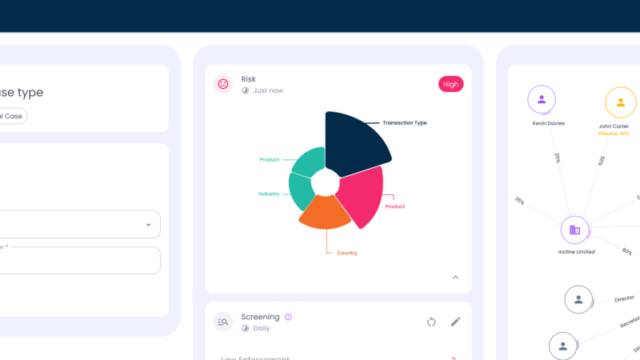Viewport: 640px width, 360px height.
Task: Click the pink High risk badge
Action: coord(450,84)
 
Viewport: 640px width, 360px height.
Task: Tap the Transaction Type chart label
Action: coord(404,123)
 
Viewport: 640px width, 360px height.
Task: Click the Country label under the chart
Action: coord(347,253)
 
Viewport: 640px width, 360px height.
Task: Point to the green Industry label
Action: coord(269,194)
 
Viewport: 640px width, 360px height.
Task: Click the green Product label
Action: coord(270,160)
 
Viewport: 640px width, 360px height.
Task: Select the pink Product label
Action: coord(395,206)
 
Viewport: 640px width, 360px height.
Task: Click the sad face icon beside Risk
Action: coord(223,84)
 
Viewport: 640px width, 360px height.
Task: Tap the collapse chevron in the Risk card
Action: coord(456,278)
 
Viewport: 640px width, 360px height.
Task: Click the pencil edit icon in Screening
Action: coord(455,322)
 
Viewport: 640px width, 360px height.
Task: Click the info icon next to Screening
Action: coord(288,317)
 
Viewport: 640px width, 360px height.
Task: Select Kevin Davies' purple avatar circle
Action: coord(542,100)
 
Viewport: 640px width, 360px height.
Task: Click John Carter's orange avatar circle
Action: coord(620,102)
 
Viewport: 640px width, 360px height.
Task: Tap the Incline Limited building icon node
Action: coord(574,230)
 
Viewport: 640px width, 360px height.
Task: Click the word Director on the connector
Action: coord(624,298)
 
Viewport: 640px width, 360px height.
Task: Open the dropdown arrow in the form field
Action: coord(148,225)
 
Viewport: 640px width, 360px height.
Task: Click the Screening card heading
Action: coord(260,317)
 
